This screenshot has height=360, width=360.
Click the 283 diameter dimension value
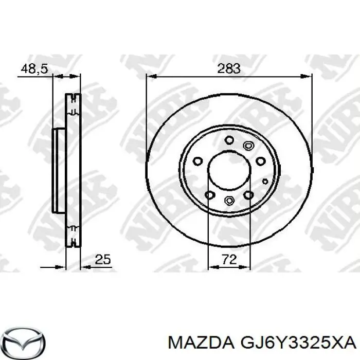point(229,68)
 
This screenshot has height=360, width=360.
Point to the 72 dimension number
point(229,260)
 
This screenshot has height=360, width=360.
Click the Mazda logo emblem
point(23,341)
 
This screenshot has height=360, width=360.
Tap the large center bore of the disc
point(229,170)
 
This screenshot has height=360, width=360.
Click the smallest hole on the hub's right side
point(265,181)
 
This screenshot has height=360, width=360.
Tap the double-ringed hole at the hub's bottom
point(229,201)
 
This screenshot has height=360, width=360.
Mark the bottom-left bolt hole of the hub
point(209,194)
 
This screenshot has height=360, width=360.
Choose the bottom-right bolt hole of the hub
point(248,194)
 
